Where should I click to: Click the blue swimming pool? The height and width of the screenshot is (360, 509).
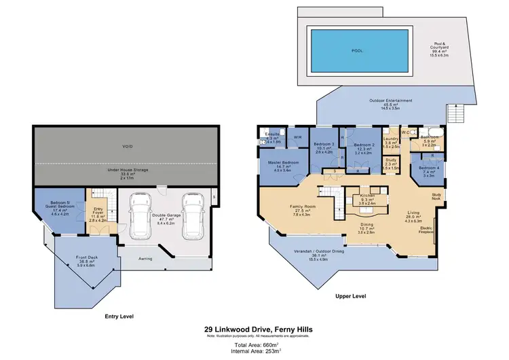[357, 51]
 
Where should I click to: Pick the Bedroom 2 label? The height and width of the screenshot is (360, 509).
[364, 145]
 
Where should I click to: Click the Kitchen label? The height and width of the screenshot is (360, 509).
[367, 195]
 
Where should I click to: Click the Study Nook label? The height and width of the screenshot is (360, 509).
[437, 198]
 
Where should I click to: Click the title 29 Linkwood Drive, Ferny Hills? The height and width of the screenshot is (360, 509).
[254, 331]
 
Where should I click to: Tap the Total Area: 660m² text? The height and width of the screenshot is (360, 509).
[254, 345]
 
